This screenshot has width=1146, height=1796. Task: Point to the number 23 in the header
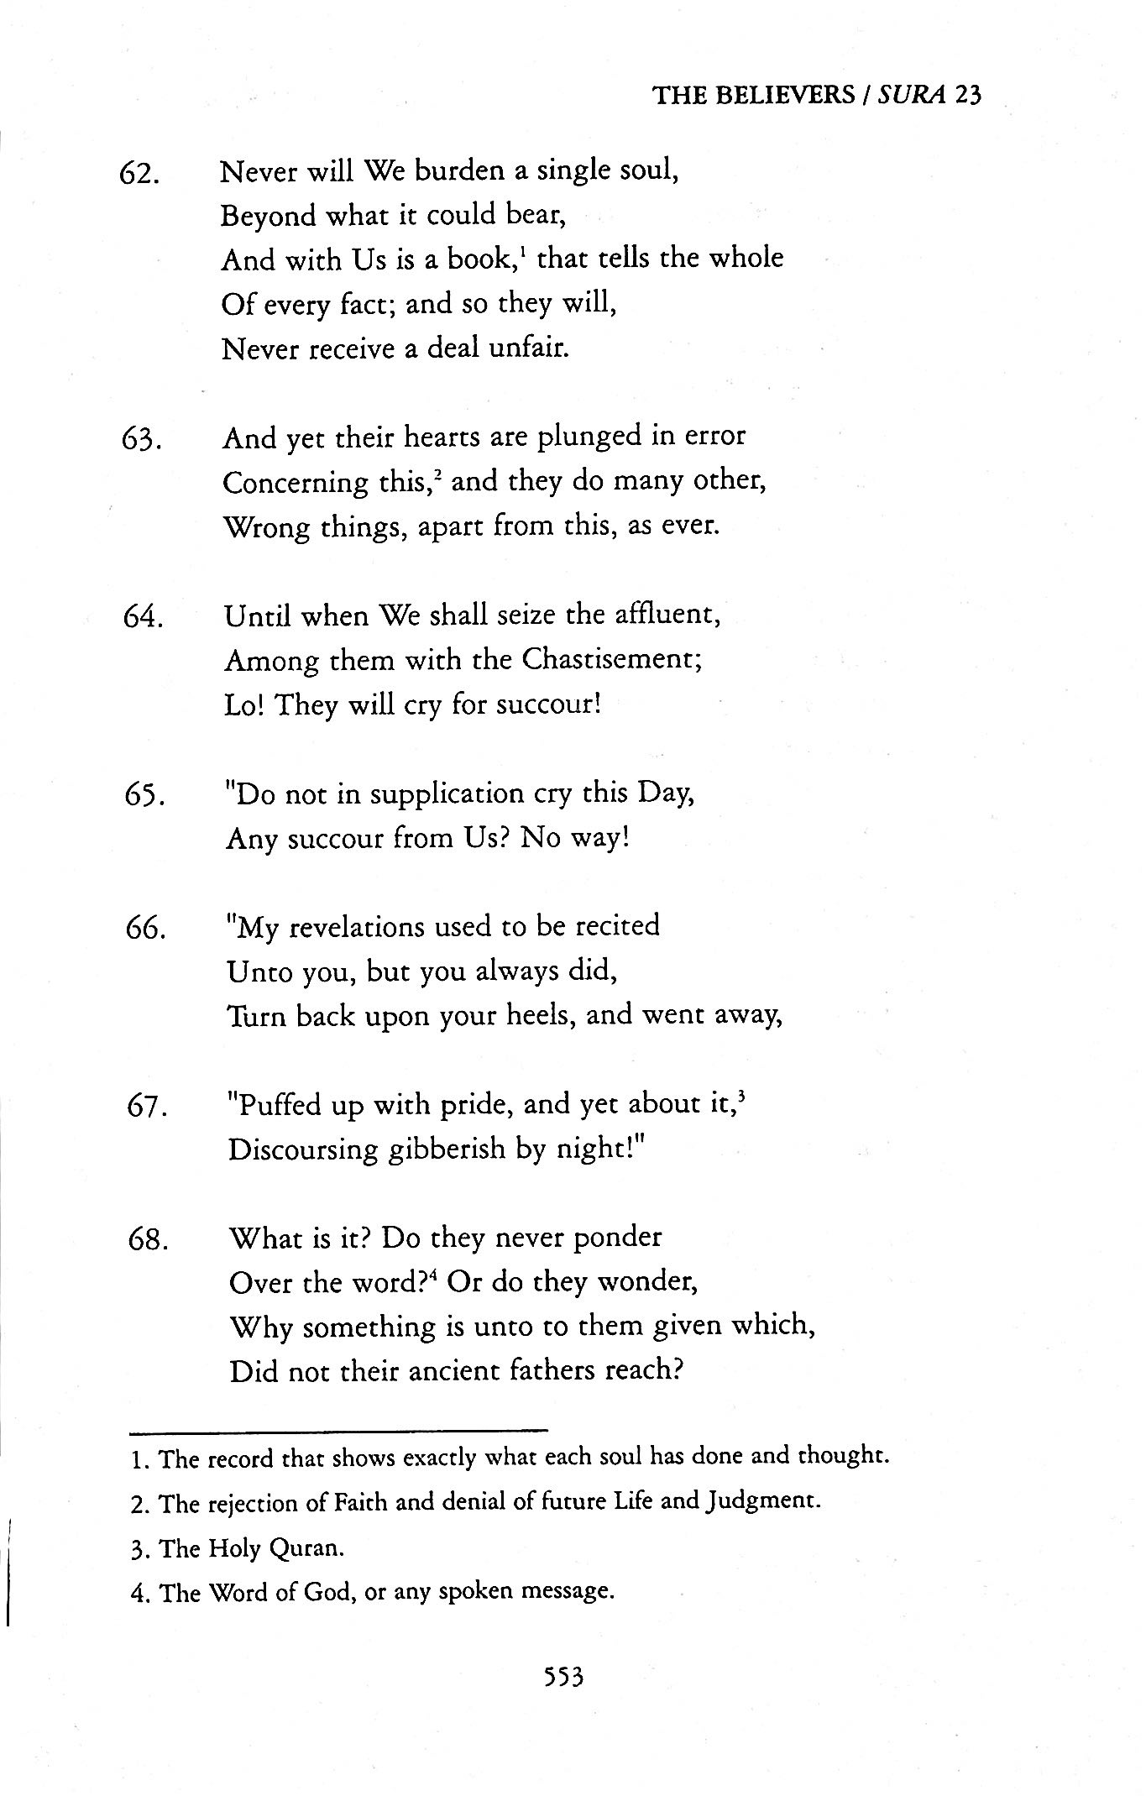[967, 95]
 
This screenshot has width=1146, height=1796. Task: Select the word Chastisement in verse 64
[610, 659]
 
